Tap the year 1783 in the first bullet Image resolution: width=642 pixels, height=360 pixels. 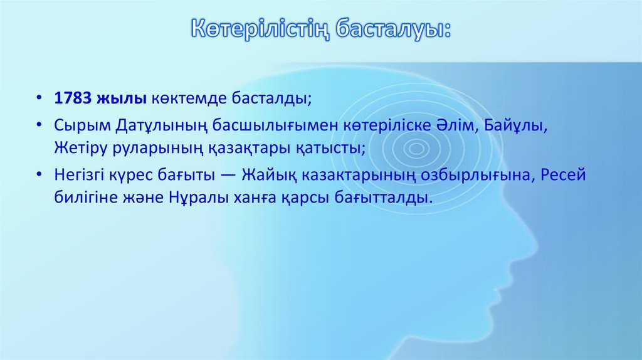72,98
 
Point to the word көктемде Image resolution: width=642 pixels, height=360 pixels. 179,98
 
